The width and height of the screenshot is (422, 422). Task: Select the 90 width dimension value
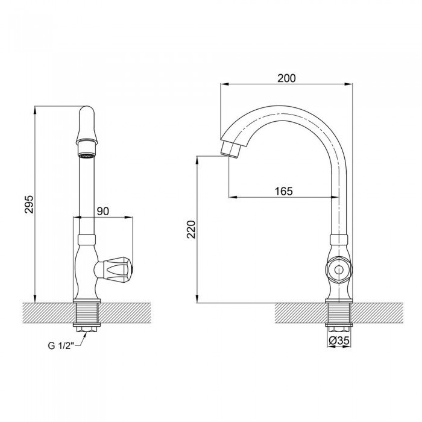[x=102, y=211]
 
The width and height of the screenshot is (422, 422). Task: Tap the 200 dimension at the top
[x=286, y=78]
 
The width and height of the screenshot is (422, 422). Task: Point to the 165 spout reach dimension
[x=283, y=191]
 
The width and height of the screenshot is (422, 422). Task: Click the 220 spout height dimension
[x=191, y=230]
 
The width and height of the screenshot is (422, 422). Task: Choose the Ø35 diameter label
[x=340, y=342]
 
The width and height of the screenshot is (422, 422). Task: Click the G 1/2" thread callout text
[x=60, y=345]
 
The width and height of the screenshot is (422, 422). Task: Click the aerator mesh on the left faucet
[x=86, y=156]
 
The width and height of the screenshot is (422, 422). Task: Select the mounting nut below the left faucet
[x=86, y=327]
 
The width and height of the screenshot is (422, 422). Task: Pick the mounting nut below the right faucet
[x=339, y=327]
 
